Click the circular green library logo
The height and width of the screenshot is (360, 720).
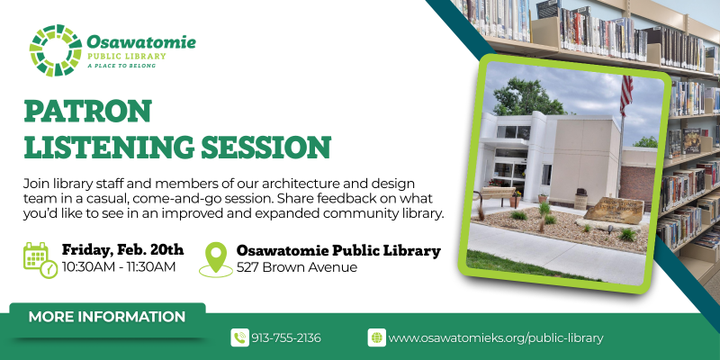55,50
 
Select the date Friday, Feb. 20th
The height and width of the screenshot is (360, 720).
122,249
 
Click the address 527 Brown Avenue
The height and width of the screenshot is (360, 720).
283,267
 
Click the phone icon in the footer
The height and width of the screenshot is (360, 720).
239,337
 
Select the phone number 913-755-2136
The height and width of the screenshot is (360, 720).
287,337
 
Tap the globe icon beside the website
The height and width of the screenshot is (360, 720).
376,337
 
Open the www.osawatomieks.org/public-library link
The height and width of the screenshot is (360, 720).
495,337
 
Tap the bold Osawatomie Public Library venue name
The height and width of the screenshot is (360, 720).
338,250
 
